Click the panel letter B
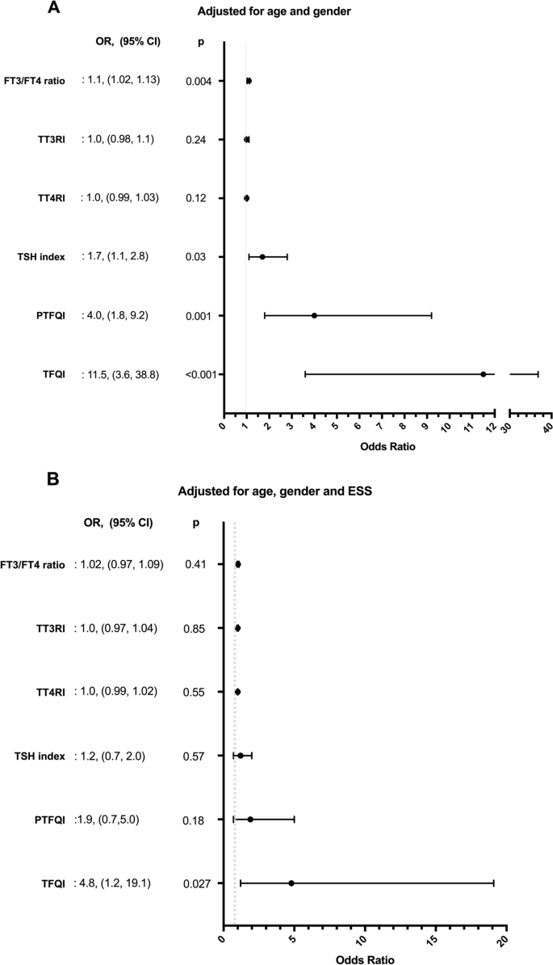[52, 479]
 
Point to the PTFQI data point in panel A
[314, 315]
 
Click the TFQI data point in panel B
[291, 883]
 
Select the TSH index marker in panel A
[262, 257]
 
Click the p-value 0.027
[198, 883]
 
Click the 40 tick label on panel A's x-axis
[547, 429]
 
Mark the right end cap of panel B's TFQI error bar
[493, 883]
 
